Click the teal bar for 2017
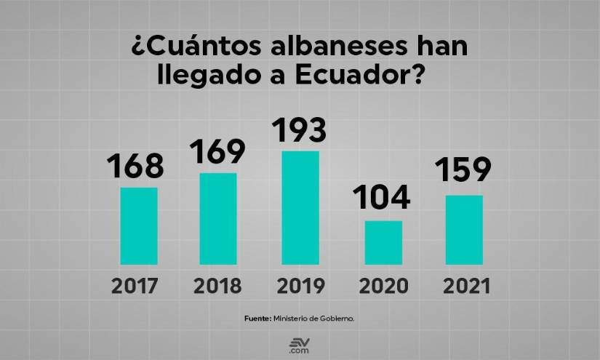click(139, 225)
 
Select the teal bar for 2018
click(217, 218)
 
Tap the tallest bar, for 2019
click(300, 207)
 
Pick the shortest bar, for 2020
click(383, 242)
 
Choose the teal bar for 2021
click(464, 229)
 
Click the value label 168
click(135, 167)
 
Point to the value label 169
click(217, 151)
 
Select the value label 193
click(299, 129)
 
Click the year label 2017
click(135, 286)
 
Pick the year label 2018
click(217, 286)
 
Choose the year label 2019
click(300, 286)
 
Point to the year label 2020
click(383, 286)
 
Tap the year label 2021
click(464, 286)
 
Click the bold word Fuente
click(257, 319)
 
